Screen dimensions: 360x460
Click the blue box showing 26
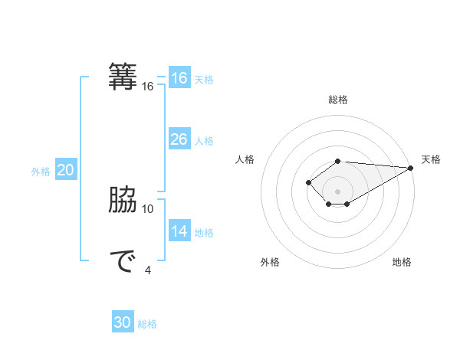179,139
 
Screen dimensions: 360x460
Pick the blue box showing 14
179,231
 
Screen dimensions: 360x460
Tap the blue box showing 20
65,171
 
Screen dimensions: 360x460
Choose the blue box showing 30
123,323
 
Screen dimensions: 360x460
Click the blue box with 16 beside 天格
179,78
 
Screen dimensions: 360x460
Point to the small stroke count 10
148,208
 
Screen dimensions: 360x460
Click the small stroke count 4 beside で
148,269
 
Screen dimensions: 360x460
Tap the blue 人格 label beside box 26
204,141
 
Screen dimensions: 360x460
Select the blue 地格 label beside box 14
204,233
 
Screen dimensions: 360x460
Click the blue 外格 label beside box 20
41,172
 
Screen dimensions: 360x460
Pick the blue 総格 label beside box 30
147,325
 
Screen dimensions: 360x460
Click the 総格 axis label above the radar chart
337,100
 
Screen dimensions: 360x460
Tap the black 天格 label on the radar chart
431,159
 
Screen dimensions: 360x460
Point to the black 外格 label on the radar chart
270,263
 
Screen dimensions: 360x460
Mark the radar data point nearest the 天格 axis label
412,168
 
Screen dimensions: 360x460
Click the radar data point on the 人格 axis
308,182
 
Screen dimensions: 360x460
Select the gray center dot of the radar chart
337,191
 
